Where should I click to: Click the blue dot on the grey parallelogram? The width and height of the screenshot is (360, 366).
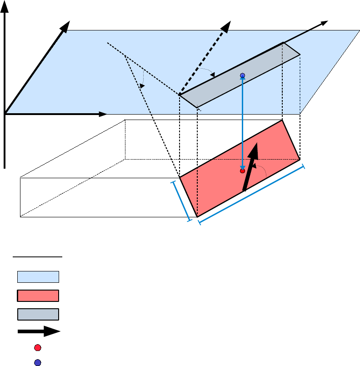pyautogui.click(x=242, y=75)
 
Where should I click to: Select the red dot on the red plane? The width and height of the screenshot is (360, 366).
pyautogui.click(x=242, y=171)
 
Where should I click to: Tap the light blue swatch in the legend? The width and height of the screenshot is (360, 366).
pyautogui.click(x=38, y=277)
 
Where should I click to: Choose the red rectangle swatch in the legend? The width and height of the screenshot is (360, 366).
pyautogui.click(x=38, y=296)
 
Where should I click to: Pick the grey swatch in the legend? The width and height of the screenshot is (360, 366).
pyautogui.click(x=38, y=315)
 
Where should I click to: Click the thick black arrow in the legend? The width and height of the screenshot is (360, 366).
pyautogui.click(x=39, y=331)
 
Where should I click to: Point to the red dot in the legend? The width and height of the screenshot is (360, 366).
pyautogui.click(x=38, y=348)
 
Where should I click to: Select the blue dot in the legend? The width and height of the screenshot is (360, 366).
pyautogui.click(x=38, y=362)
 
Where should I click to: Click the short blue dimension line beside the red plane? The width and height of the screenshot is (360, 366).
pyautogui.click(x=181, y=201)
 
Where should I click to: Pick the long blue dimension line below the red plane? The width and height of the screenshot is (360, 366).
pyautogui.click(x=251, y=194)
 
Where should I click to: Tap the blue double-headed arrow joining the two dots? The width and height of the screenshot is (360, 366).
pyautogui.click(x=242, y=123)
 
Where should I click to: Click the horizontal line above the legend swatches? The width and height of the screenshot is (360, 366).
pyautogui.click(x=38, y=257)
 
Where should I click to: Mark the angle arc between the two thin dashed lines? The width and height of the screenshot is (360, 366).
pyautogui.click(x=142, y=80)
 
